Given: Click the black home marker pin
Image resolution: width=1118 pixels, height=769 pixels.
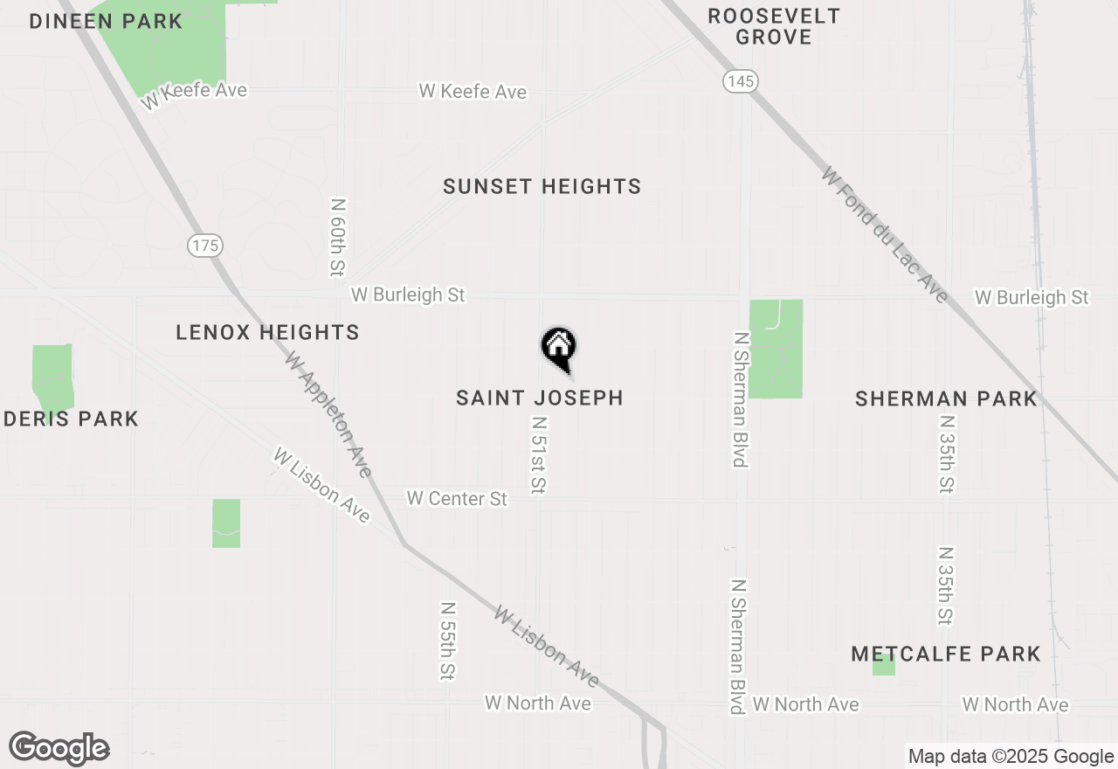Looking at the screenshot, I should pyautogui.click(x=559, y=348).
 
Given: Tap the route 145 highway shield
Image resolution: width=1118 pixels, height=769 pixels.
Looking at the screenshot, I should pyautogui.click(x=740, y=81).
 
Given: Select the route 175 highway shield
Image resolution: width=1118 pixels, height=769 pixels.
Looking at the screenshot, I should pyautogui.click(x=205, y=246).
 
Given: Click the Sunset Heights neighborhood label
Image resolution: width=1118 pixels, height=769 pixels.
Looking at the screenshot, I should pyautogui.click(x=542, y=186).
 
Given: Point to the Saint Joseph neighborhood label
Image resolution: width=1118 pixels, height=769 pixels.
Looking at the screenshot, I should pyautogui.click(x=540, y=398).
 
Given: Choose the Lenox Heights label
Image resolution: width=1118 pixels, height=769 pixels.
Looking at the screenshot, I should pyautogui.click(x=267, y=332).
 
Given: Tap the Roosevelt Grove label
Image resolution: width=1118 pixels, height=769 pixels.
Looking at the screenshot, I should pyautogui.click(x=773, y=26).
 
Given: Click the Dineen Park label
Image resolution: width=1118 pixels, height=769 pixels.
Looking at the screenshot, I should pyautogui.click(x=106, y=21).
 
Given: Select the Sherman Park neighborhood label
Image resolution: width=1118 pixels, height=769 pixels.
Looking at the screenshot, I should pyautogui.click(x=946, y=399).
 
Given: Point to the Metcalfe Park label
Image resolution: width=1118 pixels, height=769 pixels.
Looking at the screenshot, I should pyautogui.click(x=946, y=654).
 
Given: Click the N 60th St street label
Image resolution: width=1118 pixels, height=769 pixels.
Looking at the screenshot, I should pyautogui.click(x=338, y=238).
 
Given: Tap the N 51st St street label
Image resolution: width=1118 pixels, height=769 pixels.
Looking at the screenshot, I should pyautogui.click(x=538, y=454).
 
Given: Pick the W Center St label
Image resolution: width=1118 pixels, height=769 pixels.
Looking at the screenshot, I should pyautogui.click(x=457, y=498).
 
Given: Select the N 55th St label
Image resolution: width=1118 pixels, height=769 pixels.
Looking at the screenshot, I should pyautogui.click(x=447, y=641).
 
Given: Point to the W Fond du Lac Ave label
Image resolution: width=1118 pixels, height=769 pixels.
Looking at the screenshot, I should pyautogui.click(x=884, y=235).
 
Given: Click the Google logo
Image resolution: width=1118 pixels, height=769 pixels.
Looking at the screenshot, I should pyautogui.click(x=59, y=749).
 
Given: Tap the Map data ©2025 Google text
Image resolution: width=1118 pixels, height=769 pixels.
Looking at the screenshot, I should pyautogui.click(x=1011, y=757).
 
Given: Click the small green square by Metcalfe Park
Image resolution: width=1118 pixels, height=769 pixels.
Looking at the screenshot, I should pyautogui.click(x=884, y=666).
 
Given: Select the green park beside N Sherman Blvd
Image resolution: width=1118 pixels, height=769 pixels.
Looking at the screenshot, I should pyautogui.click(x=776, y=349).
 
